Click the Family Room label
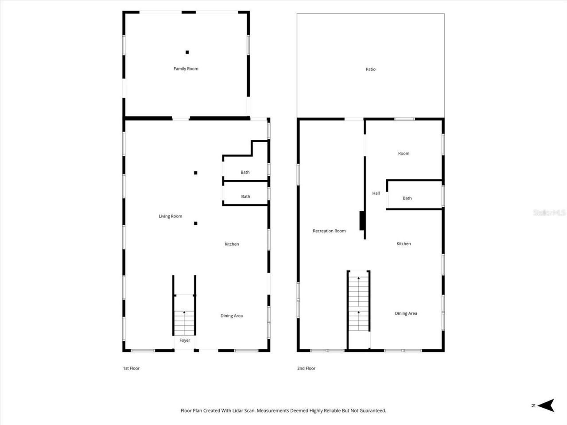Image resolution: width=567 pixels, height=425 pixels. pos(186,69)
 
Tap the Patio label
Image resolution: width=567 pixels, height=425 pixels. pos(370,69)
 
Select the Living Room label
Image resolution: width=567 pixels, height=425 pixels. pos(171,216)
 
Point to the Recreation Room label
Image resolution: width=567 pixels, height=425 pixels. pos(329,231)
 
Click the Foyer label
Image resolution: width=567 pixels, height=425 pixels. pos(185,340)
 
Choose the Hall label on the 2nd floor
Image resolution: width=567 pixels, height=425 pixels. pos(376,193)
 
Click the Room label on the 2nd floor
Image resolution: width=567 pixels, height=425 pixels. pos(404,153)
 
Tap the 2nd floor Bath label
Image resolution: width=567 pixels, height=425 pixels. pos(407,198)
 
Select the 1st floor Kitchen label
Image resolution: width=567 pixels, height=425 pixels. pos(232,244)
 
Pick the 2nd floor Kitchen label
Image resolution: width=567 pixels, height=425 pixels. pos(404,243)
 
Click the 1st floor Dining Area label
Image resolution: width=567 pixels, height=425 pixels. pos(232,316)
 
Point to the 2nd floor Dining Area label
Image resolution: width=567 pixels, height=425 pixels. pos(406,313)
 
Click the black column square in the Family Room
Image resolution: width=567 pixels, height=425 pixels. pos(187,52)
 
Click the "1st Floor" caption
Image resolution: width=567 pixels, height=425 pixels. pos(131,368)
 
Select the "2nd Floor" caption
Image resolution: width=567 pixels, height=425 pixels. pos(306,368)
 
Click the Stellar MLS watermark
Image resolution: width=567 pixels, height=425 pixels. pos(549,213)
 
